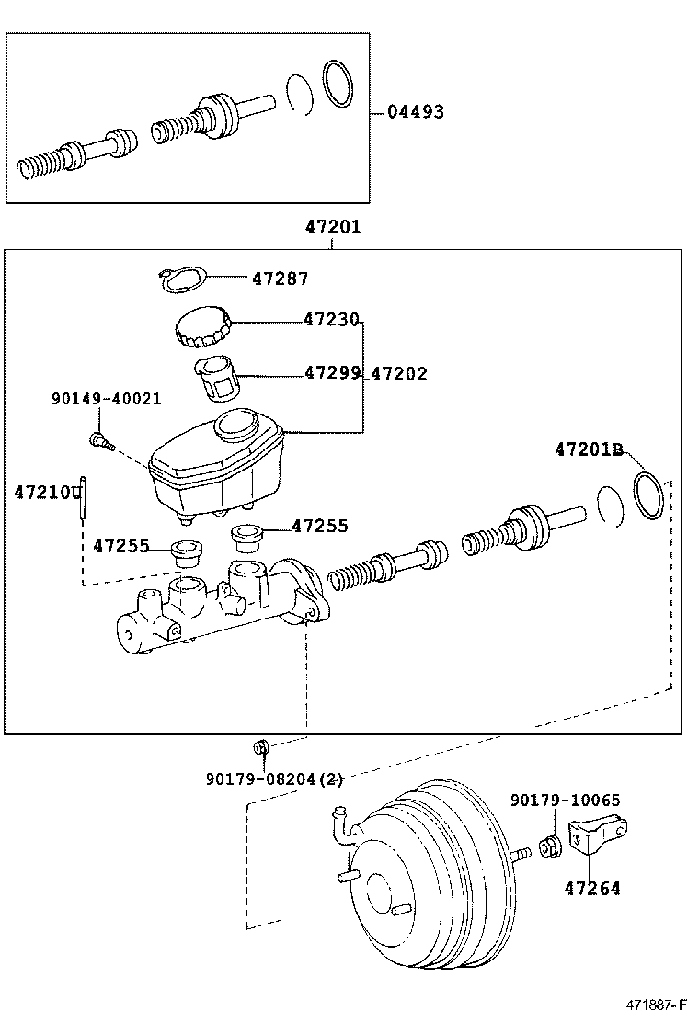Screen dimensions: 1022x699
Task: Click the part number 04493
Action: coord(415,112)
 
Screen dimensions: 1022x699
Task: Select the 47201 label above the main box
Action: coord(333,228)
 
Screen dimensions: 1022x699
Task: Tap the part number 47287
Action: coord(280,278)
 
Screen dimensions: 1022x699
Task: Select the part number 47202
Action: coord(398,374)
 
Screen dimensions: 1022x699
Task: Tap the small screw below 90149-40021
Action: coord(100,442)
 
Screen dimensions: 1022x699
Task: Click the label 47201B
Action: coord(588,449)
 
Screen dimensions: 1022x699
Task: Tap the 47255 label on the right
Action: coord(320,526)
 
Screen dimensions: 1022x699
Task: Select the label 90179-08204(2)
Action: coord(273,779)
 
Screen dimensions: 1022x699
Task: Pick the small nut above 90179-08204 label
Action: coord(261,745)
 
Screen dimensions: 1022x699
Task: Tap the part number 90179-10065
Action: coord(565,801)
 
